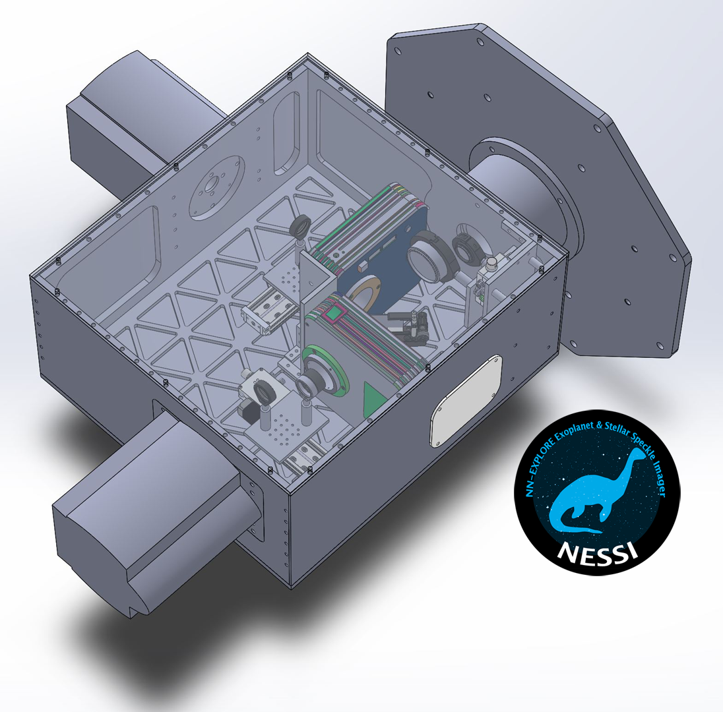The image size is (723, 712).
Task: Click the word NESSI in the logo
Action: point(597,552)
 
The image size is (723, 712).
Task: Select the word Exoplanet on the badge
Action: point(574,432)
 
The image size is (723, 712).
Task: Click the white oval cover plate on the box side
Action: point(466,400)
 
